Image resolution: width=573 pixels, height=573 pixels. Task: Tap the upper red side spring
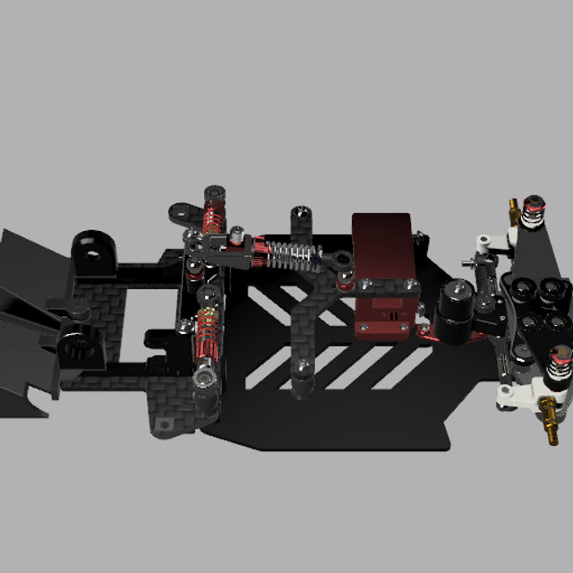pos(214,216)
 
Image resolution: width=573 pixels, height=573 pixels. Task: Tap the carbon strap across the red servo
pos(385,286)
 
